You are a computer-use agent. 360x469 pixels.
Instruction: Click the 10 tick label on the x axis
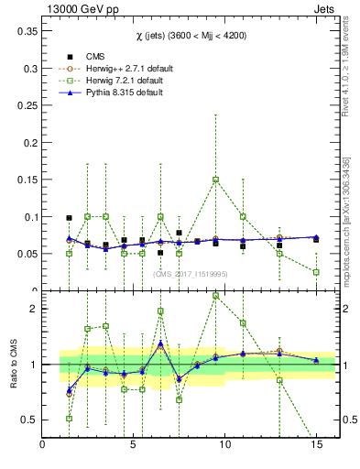224,445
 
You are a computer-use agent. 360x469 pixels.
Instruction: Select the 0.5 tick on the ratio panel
30,420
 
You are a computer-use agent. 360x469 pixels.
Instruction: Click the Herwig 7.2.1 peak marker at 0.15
215,180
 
